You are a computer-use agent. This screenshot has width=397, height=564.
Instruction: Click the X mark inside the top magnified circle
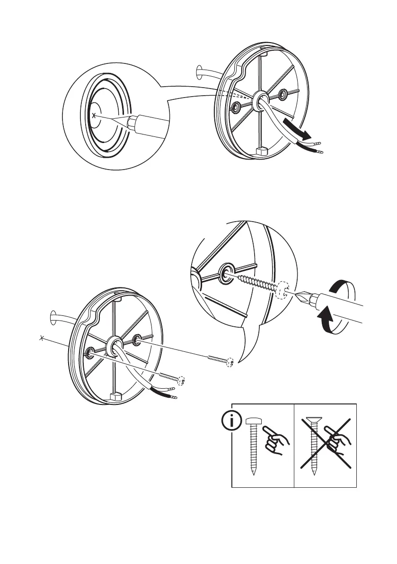tap(95, 115)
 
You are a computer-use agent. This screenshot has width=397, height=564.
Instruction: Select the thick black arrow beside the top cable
tap(296, 129)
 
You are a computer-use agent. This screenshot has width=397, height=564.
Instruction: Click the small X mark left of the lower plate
tap(43, 338)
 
